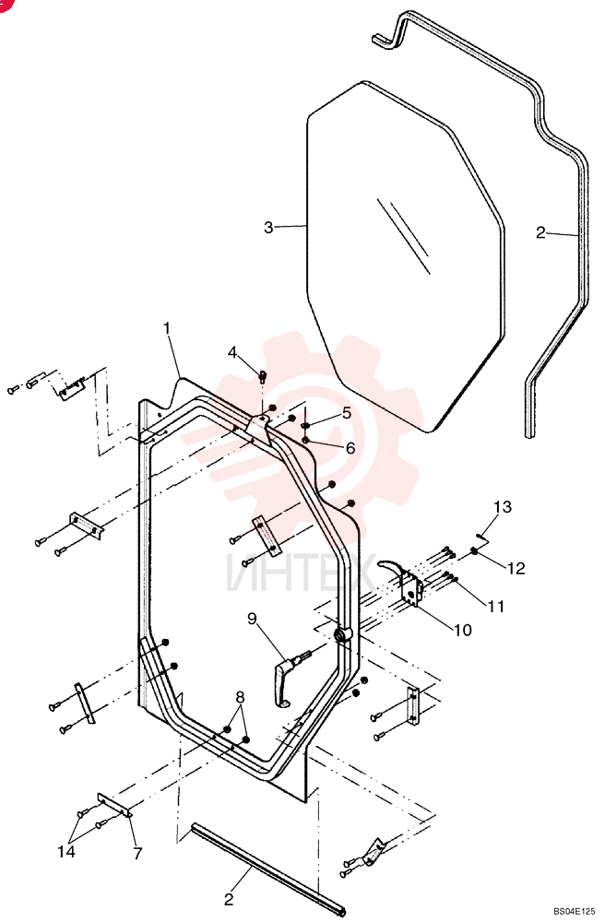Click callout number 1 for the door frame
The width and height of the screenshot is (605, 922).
(x=168, y=327)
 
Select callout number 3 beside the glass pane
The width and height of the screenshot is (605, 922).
(x=268, y=227)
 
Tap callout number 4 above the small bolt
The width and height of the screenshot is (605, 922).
(x=232, y=353)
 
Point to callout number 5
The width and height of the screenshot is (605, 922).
(x=347, y=413)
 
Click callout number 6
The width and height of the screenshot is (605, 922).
(x=350, y=448)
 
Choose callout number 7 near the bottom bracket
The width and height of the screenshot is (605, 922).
(x=138, y=853)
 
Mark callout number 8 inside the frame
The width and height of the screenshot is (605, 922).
(x=240, y=697)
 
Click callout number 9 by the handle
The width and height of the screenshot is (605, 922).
(x=252, y=619)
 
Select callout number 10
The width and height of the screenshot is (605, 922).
(x=463, y=630)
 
